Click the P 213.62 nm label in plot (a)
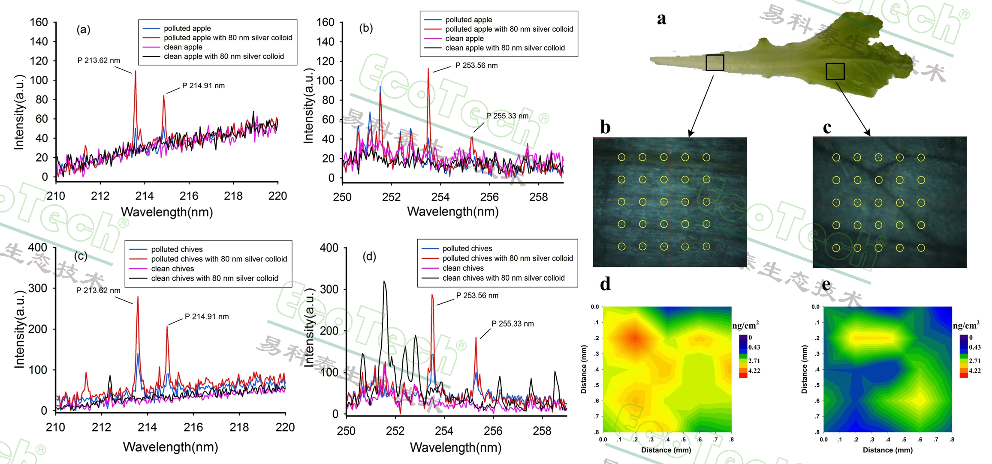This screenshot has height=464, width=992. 99,60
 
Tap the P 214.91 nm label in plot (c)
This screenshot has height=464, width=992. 207,317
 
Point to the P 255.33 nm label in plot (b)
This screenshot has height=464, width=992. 507,116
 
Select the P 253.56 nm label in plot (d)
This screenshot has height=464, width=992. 477,296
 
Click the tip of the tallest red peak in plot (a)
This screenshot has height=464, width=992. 136,72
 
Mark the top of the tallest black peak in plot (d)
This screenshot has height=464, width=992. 384,281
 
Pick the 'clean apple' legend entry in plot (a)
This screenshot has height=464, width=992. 183,47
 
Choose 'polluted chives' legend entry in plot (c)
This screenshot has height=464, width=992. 177,249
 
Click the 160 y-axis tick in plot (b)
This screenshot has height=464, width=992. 325,22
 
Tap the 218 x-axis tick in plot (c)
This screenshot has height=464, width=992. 239,427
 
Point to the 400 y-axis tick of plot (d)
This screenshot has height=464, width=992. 329,248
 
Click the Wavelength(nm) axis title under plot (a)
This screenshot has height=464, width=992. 167,212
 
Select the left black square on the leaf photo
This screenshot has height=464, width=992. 715,63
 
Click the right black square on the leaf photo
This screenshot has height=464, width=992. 835,72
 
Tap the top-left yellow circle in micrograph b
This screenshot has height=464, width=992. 621,157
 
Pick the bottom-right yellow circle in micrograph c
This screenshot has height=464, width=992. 921,248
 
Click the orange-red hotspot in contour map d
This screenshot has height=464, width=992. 635,338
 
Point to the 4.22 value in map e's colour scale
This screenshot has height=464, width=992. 974,371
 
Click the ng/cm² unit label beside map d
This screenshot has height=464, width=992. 745,326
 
